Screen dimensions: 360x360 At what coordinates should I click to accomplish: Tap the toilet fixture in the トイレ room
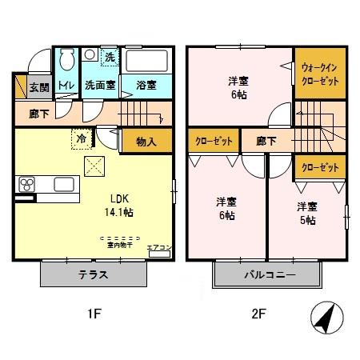click(x=66, y=62)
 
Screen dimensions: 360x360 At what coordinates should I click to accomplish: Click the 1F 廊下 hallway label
click(x=38, y=114)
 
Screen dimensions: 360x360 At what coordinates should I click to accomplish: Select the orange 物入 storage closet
click(x=145, y=141)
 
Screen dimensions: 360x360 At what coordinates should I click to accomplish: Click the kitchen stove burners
click(x=26, y=184)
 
